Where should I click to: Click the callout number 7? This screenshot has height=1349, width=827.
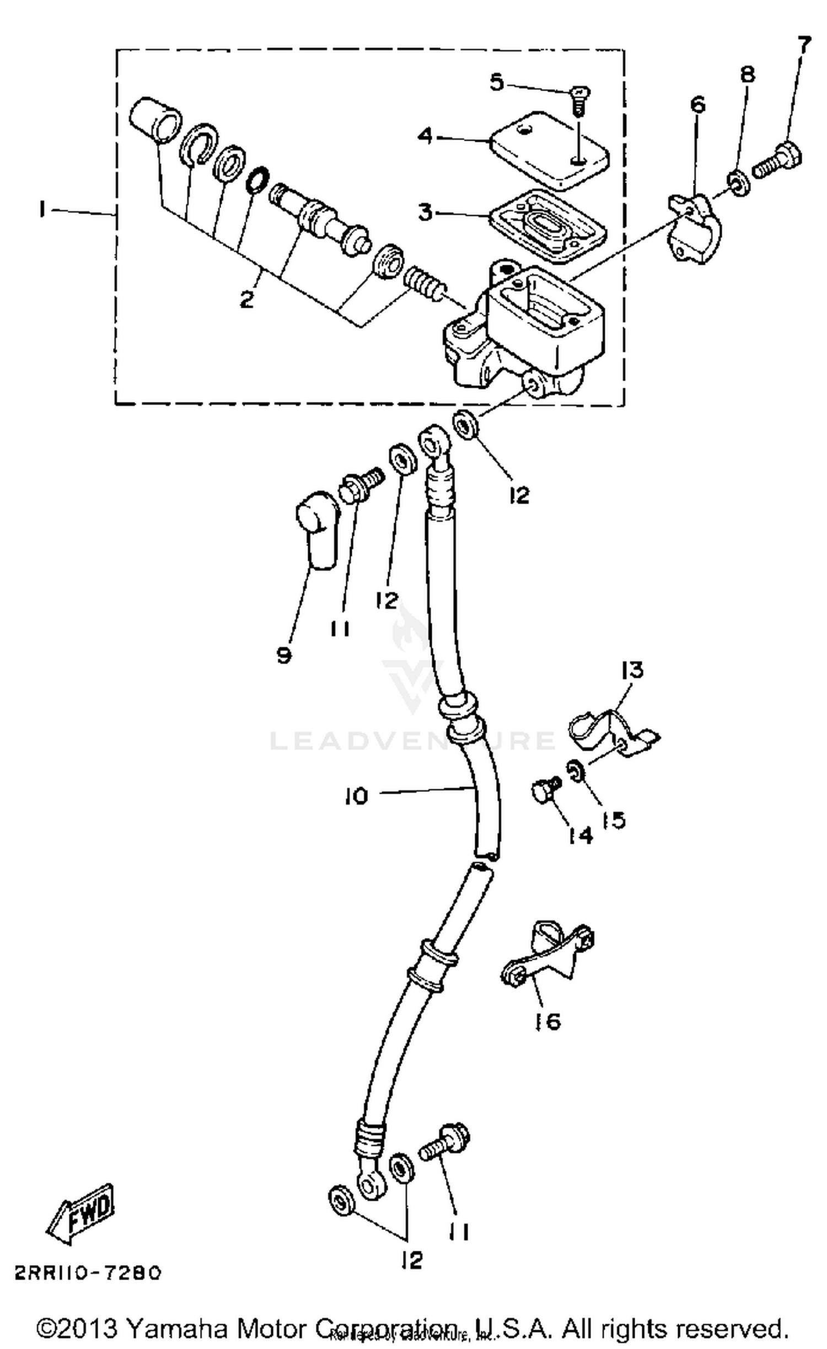(804, 46)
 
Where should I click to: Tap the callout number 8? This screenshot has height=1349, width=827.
(747, 75)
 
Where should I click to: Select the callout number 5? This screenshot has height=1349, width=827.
(497, 83)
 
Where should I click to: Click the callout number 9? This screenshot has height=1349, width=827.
(284, 655)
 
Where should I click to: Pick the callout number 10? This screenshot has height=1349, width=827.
(356, 796)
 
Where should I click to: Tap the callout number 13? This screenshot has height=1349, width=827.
(632, 670)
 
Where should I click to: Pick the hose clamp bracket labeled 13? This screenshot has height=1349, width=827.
(612, 731)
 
